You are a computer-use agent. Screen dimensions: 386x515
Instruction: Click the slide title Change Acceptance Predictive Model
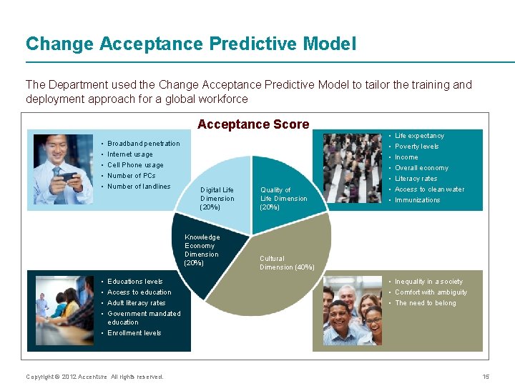[190, 44]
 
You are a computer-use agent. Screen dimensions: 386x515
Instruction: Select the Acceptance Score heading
[253, 124]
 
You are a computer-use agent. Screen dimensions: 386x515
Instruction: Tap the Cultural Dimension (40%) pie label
[287, 263]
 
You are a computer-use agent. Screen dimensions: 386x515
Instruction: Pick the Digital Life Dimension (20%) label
[217, 199]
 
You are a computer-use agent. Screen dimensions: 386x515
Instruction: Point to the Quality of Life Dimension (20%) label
[283, 199]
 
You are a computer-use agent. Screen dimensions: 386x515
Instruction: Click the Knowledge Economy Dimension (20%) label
[202, 250]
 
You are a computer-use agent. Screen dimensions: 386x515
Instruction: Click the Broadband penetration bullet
[143, 144]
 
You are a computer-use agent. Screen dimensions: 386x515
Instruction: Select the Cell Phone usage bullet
[135, 165]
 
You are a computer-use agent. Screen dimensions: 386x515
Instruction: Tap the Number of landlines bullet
[139, 187]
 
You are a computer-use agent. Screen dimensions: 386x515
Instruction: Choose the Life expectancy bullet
[419, 136]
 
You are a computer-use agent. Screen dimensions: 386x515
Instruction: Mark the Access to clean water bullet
[429, 189]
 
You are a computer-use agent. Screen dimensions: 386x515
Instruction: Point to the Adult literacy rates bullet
[136, 303]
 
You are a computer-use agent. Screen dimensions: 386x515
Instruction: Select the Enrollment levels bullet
[134, 333]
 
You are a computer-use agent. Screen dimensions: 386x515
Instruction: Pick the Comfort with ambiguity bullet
[431, 292]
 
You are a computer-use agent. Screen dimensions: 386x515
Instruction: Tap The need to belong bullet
[425, 303]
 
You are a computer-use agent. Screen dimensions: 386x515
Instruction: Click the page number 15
[486, 377]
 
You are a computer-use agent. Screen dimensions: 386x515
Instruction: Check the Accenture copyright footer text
[94, 377]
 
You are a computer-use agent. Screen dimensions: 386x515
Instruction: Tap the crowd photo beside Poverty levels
[352, 169]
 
